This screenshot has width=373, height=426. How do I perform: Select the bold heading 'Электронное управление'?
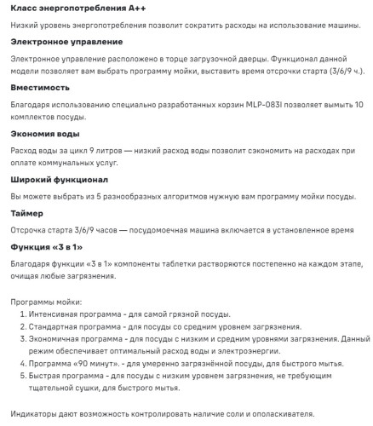66,41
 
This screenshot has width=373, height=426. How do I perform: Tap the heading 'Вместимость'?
43,87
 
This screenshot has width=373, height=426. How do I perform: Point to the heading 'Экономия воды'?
48,133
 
